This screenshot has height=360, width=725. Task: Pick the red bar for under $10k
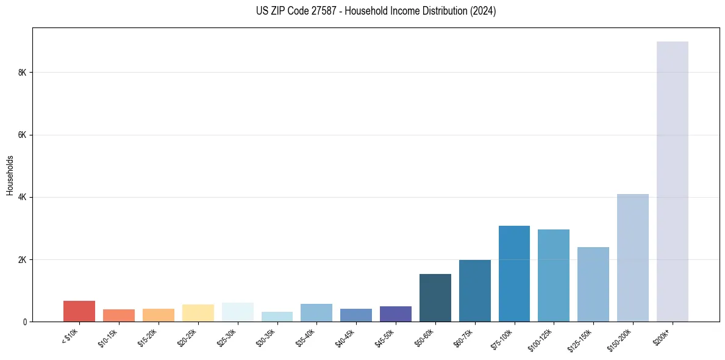pos(79,311)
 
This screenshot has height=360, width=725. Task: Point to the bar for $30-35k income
pos(277,317)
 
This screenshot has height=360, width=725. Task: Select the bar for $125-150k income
pos(593,284)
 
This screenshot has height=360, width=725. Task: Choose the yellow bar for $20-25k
pos(198,313)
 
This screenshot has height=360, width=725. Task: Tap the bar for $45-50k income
pos(396,314)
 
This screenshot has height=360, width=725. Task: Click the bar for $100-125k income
pos(554,275)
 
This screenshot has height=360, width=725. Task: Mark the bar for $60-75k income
pos(474,290)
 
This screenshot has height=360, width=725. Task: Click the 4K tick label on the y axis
pos(23,198)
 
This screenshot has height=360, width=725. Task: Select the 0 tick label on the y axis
pos(25,322)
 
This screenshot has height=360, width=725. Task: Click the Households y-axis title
pos(10,175)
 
